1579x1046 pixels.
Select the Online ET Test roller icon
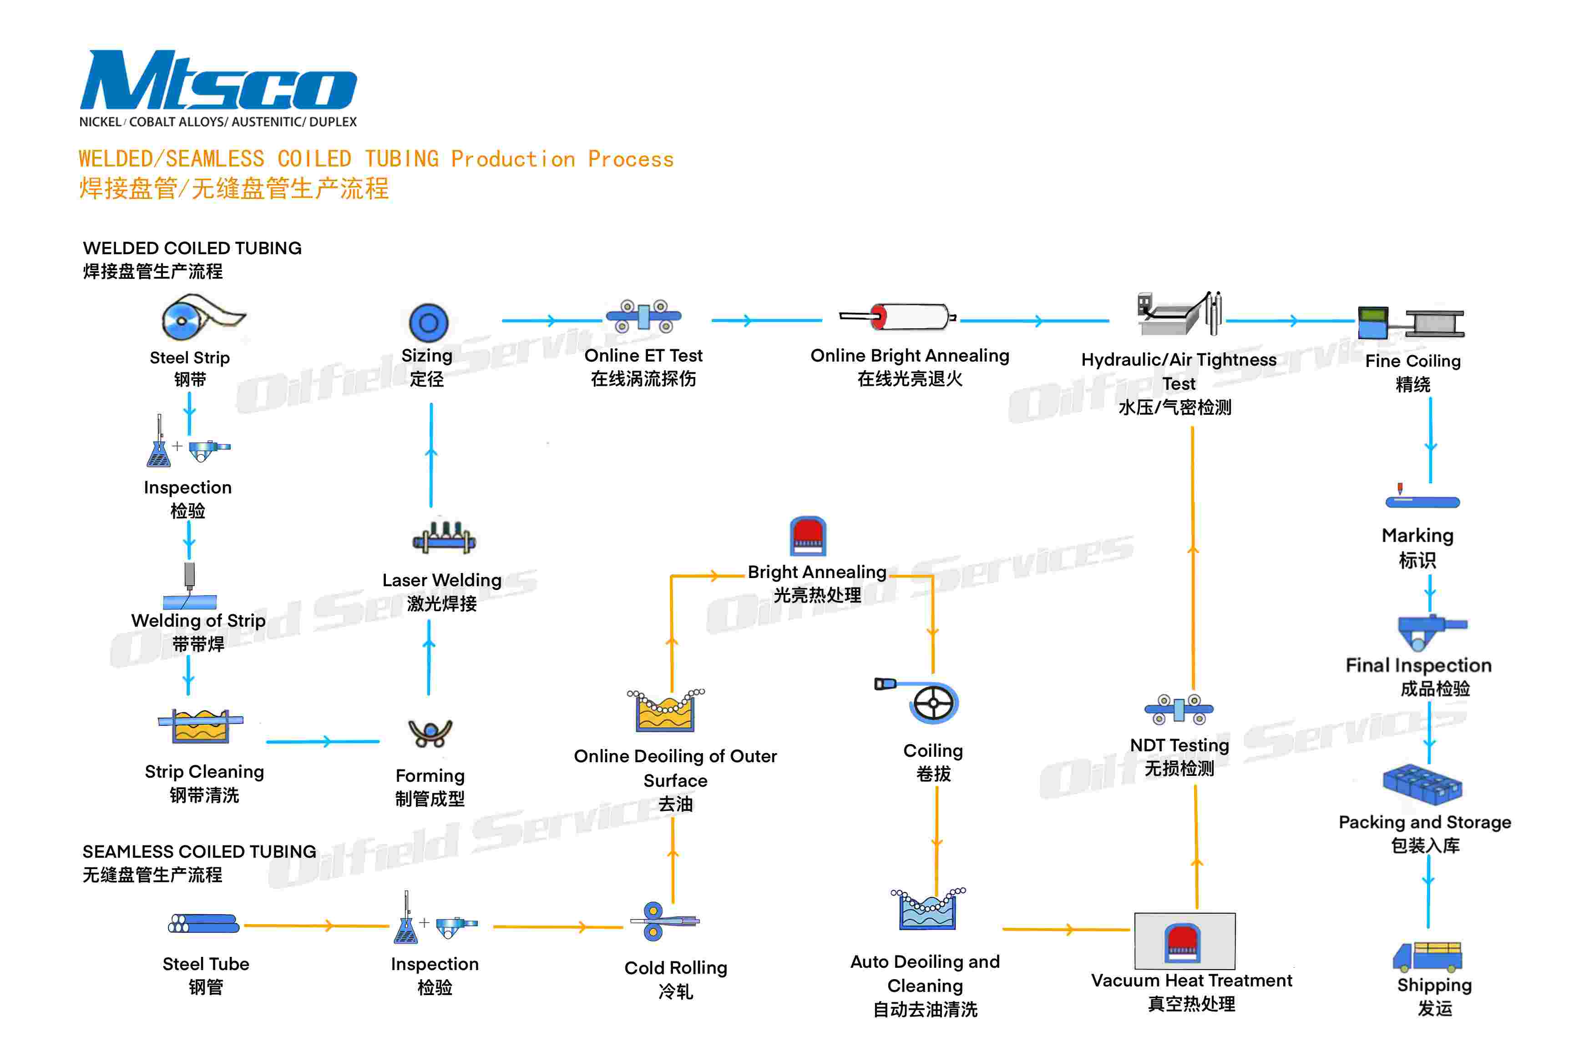[x=643, y=316]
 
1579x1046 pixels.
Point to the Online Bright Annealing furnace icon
[x=898, y=316]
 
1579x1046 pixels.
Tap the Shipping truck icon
[x=1427, y=956]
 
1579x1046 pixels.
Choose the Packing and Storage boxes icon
[x=1422, y=784]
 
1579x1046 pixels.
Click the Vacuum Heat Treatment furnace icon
[x=1184, y=941]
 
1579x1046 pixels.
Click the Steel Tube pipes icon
[x=203, y=924]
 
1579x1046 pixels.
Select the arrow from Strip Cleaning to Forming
[x=323, y=741]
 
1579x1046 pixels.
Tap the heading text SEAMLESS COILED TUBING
[x=199, y=852]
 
